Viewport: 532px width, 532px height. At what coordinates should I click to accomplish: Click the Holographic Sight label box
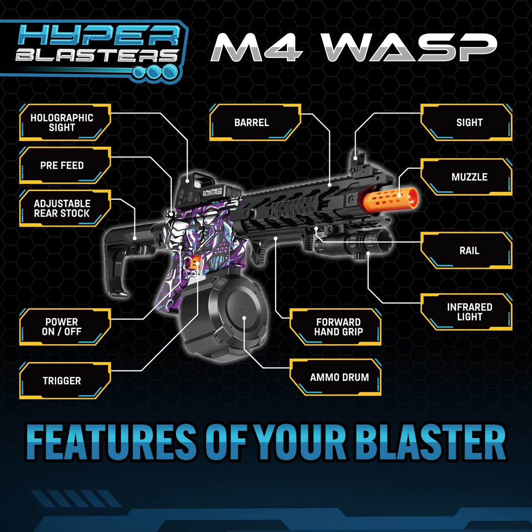tap(62, 122)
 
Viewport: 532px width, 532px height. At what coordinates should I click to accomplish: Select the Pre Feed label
tap(62, 165)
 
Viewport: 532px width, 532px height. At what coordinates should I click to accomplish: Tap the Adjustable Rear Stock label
tap(62, 208)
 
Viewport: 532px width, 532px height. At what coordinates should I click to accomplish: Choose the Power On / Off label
tap(62, 327)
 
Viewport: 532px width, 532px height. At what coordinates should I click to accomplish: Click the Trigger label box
tap(62, 381)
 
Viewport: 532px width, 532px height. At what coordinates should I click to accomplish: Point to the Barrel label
tap(252, 122)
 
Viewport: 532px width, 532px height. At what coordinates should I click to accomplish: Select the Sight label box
tap(469, 122)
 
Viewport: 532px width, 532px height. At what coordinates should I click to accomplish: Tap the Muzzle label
tap(469, 177)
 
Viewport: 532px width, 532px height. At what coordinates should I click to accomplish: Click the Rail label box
tap(469, 250)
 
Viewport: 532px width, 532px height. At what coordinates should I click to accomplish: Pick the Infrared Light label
tap(469, 312)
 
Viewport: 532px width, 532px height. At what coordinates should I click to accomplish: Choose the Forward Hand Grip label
tap(338, 327)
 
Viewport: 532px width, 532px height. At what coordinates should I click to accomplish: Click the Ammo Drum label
tap(339, 377)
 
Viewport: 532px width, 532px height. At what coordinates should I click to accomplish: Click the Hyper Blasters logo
tap(96, 50)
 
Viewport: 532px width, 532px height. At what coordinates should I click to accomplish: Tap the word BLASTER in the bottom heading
tap(431, 442)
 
